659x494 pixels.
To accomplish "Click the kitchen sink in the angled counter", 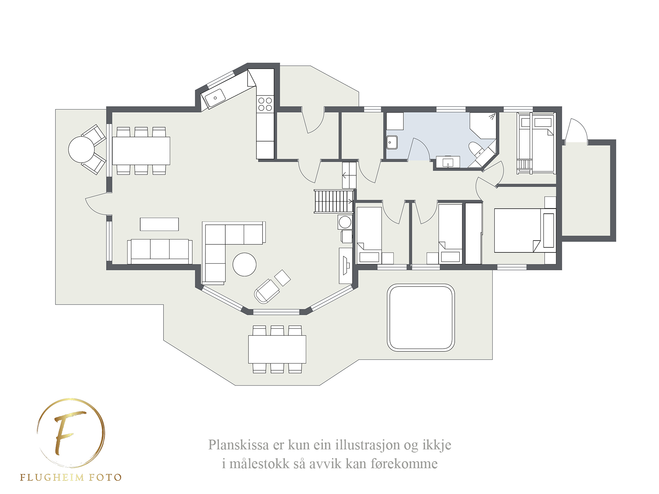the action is [x=214, y=97].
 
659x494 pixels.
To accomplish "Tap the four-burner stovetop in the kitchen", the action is [x=265, y=104].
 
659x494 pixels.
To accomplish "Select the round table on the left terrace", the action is [x=81, y=149].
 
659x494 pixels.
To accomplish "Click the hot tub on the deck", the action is [x=421, y=317].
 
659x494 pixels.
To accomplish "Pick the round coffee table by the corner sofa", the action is [x=244, y=265].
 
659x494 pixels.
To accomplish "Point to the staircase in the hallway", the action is [x=334, y=201].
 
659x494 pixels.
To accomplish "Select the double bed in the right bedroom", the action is [x=525, y=230].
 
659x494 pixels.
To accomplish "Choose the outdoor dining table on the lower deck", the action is [x=277, y=349].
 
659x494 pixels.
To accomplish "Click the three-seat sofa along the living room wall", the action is [x=160, y=251].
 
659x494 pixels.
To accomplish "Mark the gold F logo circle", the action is [x=71, y=433].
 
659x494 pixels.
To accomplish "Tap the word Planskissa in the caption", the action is [x=239, y=445].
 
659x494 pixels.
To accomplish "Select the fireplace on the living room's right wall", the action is [x=346, y=266].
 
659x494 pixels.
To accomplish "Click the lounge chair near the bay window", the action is [x=267, y=291].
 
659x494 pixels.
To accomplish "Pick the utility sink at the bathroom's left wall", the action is [x=392, y=142].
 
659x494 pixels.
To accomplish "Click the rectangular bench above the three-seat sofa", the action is [x=159, y=224].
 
